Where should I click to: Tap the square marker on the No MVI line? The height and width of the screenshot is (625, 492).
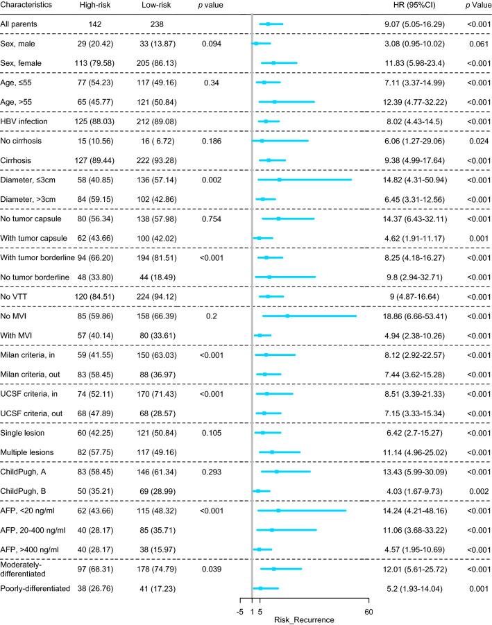[x=287, y=316]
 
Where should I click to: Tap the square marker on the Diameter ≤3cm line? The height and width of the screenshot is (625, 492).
[x=279, y=179]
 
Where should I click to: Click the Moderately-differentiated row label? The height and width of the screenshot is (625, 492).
[x=26, y=569]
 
